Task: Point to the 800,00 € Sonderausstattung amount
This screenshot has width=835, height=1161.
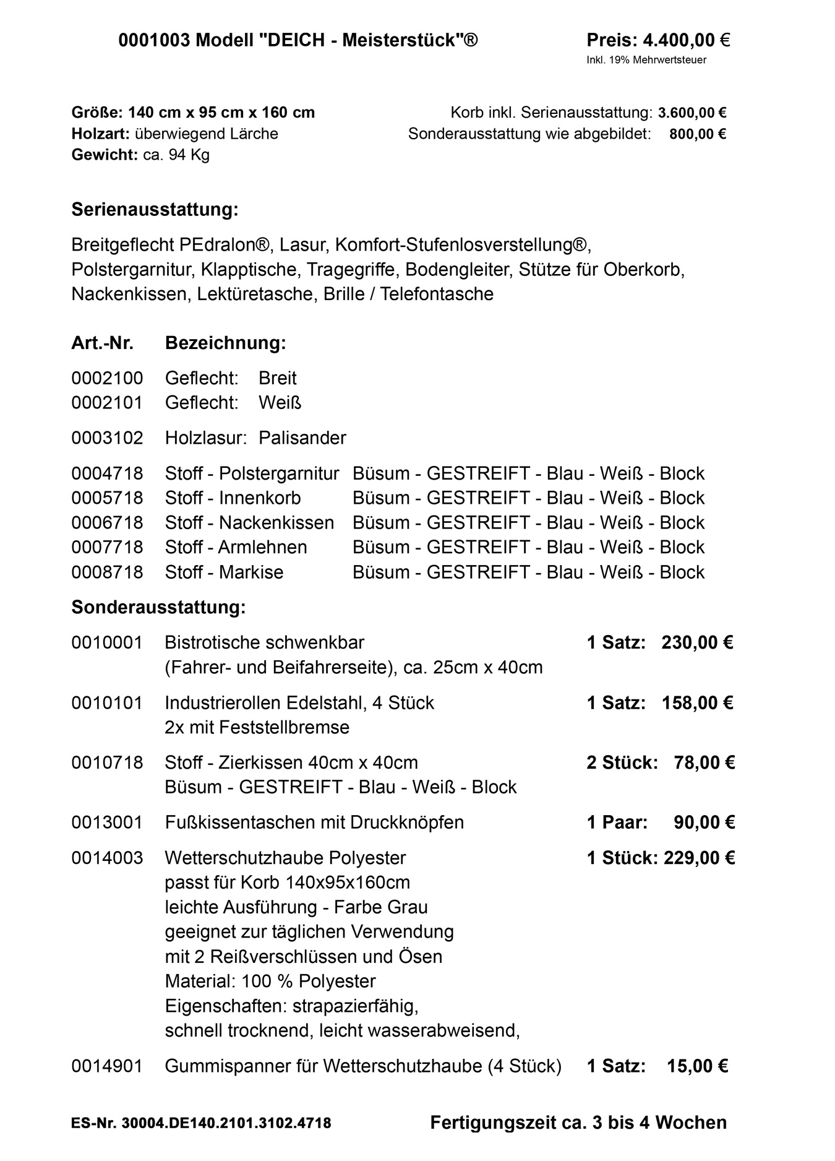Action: coord(697,134)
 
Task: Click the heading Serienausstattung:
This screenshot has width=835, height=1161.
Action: coord(155,209)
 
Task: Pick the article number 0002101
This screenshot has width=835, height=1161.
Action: coord(107,403)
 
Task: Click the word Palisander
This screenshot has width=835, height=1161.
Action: coord(302,438)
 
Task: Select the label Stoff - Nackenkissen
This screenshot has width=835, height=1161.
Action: coord(249,523)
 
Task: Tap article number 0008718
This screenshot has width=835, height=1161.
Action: coord(107,572)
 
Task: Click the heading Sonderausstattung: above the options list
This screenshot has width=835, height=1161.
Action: coord(158,607)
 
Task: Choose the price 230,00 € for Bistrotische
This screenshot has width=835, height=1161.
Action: coord(697,642)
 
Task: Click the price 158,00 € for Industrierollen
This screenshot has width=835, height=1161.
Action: coord(697,703)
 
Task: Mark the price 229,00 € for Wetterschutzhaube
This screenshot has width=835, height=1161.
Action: coord(699,858)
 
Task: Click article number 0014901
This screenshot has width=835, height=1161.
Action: coord(107,1066)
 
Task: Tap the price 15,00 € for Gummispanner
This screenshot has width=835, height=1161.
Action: coord(697,1066)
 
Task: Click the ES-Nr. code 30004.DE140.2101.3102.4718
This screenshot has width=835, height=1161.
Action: coord(226,1123)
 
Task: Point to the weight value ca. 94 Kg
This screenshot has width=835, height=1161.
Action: coord(176,155)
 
